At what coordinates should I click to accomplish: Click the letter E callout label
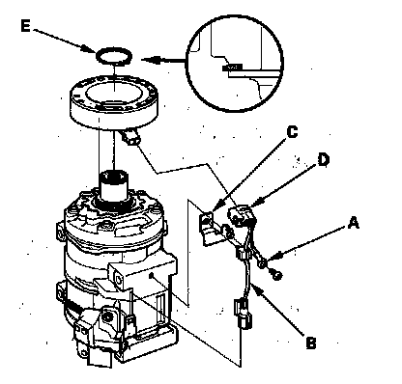pos(26,26)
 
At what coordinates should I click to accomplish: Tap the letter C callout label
pos(292,132)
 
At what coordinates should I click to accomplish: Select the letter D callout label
pos(323,160)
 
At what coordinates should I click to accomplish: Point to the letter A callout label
pos(354,223)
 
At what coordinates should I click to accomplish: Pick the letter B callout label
pos(311,343)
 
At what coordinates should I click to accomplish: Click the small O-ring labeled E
pos(114,56)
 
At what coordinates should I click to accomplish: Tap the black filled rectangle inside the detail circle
pos(232,68)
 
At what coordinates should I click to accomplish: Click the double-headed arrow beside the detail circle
pos(162,60)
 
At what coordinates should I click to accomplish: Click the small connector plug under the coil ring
pos(130,138)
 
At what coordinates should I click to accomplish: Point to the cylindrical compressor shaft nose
pos(113,187)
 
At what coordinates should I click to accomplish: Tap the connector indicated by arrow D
pos(243,215)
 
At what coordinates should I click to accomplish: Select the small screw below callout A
pos(276,274)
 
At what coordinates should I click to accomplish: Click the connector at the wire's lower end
pos(244,314)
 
